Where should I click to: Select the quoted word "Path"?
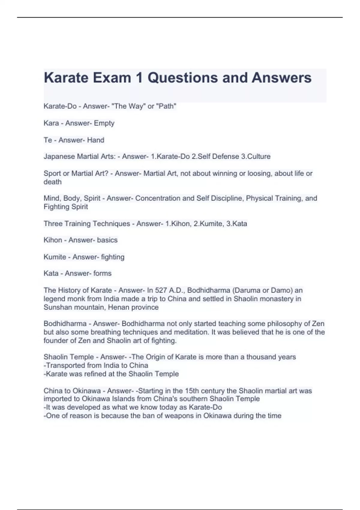point(166,106)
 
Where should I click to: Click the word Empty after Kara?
point(104,123)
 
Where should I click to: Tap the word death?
point(52,182)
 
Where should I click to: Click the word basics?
point(107,240)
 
